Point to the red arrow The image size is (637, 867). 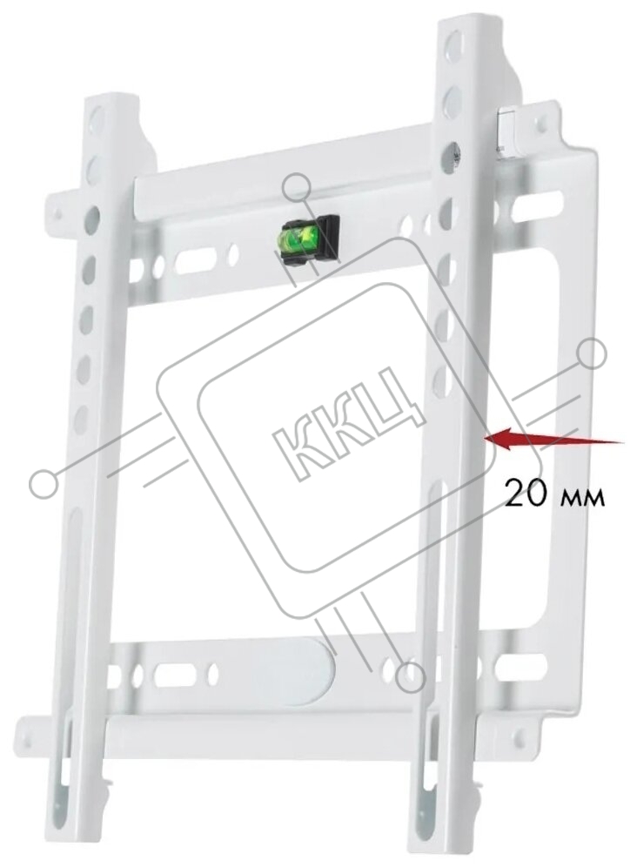tap(553, 440)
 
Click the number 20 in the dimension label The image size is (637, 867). tap(526, 494)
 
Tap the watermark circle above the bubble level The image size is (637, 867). tap(297, 188)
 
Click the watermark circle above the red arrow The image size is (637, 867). tap(591, 354)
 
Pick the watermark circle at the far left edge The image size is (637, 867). tap(44, 483)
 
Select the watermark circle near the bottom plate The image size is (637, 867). tap(410, 676)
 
